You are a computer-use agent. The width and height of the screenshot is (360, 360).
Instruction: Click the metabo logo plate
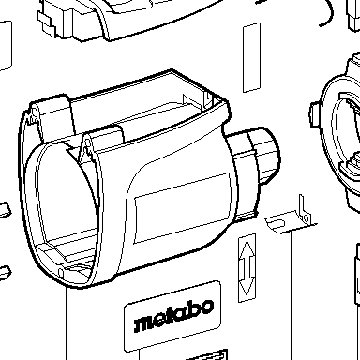point(172,316)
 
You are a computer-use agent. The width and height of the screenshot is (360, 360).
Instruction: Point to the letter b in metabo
point(194,311)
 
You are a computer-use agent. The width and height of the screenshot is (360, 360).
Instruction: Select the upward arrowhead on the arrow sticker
point(247,248)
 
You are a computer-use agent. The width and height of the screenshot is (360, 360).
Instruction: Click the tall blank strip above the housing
point(252,57)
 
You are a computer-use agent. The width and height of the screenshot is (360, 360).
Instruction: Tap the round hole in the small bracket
point(307,217)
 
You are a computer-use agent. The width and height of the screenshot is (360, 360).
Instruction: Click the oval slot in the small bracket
point(277,223)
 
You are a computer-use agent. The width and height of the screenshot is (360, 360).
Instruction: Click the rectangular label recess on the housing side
point(182,207)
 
